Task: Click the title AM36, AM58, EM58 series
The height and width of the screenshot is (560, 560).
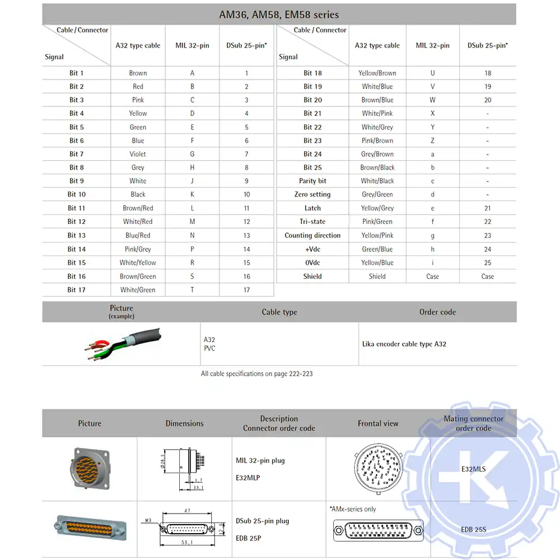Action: [279, 15]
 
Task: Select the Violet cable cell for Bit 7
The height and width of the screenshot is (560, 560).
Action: [138, 154]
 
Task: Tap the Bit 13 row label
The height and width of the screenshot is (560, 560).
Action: [76, 235]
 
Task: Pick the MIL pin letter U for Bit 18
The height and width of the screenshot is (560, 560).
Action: [432, 73]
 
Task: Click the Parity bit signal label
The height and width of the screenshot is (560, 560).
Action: [312, 181]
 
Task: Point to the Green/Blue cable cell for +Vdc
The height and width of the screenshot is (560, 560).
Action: [377, 249]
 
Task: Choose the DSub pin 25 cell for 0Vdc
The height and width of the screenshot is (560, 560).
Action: [488, 263]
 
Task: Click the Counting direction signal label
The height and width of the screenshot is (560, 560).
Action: [312, 235]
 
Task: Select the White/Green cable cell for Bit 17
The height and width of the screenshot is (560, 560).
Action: [138, 290]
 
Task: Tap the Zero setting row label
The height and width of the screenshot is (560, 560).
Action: [312, 194]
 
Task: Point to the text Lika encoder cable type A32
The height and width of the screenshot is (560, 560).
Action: [404, 344]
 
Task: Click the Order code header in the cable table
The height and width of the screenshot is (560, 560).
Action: [437, 312]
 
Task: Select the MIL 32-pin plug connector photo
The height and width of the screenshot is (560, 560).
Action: [90, 469]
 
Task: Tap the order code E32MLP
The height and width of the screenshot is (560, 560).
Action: [248, 478]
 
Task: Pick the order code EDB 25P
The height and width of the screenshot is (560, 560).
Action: [249, 538]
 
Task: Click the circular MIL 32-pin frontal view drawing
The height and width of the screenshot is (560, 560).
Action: [378, 468]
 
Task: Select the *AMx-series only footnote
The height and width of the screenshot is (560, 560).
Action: [353, 509]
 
